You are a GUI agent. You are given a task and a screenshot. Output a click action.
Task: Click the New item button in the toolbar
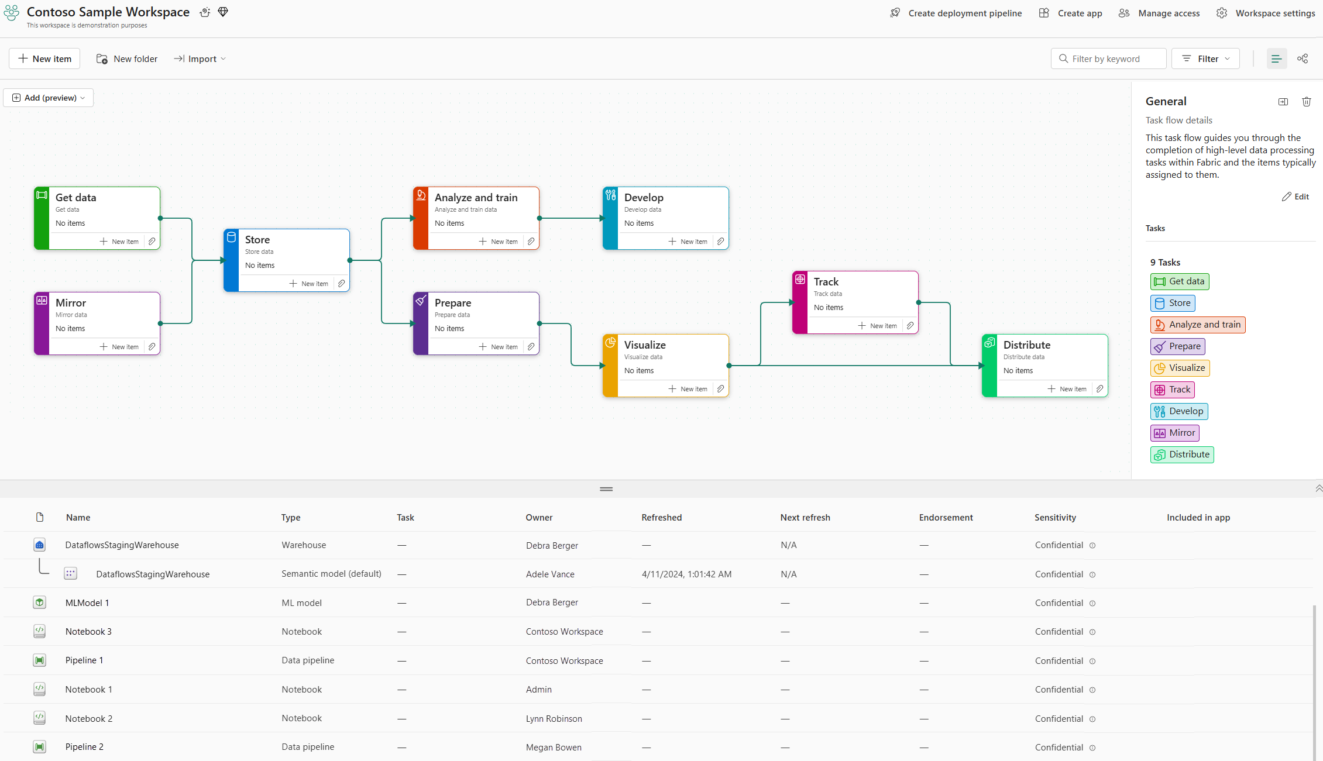(x=44, y=58)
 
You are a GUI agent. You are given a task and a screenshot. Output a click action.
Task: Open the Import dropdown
(x=200, y=58)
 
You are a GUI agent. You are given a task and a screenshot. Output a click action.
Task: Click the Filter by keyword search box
(x=1108, y=58)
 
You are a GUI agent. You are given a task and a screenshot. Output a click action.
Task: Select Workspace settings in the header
(x=1266, y=13)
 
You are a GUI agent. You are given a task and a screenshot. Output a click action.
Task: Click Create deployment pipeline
(x=956, y=13)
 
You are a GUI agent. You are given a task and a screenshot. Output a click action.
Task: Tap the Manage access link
(x=1159, y=13)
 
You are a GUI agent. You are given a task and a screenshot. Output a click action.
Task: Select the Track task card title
(x=826, y=282)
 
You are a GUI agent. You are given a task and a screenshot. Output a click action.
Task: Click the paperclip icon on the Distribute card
(x=1099, y=389)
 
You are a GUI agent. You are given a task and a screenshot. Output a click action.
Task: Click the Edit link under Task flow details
(x=1295, y=197)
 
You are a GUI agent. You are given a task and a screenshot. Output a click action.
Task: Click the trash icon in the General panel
(x=1307, y=102)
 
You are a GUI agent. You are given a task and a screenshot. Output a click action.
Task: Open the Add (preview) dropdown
(x=49, y=98)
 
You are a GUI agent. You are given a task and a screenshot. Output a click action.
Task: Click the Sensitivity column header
(x=1055, y=518)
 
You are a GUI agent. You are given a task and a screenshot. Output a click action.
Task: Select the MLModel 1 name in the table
(x=87, y=603)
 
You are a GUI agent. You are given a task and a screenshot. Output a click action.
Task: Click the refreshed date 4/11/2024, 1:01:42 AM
(x=686, y=574)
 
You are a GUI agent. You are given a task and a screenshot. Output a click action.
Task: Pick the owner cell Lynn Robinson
(x=554, y=719)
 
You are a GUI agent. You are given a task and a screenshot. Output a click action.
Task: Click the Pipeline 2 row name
(x=84, y=747)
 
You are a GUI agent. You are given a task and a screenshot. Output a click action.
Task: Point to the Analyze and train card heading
(x=476, y=198)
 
